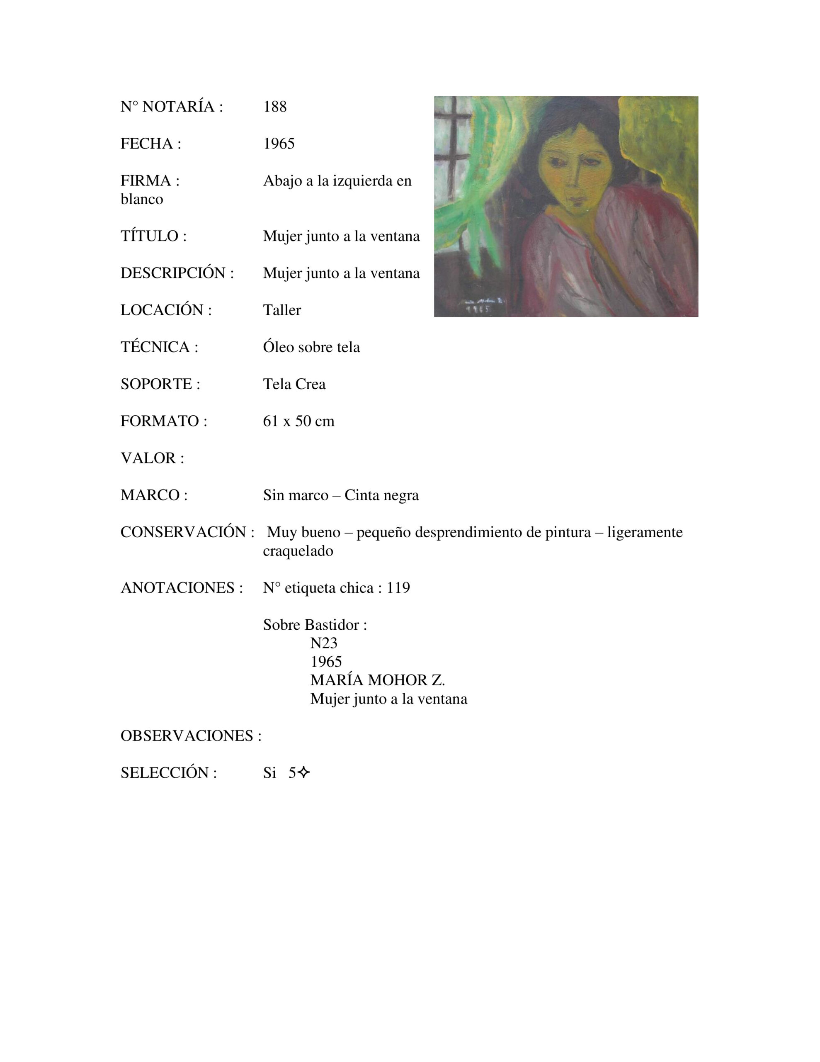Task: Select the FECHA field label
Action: (150, 144)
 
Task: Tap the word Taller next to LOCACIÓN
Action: (282, 310)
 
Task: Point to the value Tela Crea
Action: (294, 384)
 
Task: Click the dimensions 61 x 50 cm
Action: (298, 421)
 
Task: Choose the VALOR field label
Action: (152, 458)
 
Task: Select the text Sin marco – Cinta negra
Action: (341, 495)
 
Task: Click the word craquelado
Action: (298, 551)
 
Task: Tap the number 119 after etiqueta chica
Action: (398, 588)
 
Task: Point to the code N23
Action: (324, 643)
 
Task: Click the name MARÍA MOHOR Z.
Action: (377, 680)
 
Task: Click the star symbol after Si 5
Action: (304, 773)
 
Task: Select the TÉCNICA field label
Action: (159, 347)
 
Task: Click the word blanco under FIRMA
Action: (142, 200)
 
